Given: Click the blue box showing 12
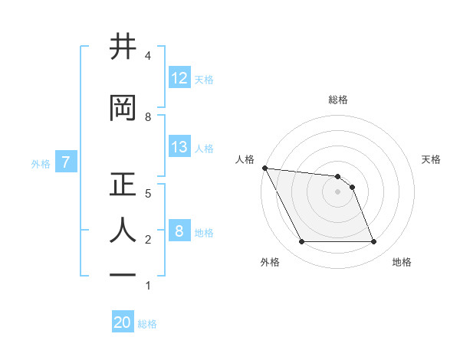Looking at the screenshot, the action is (x=179, y=78).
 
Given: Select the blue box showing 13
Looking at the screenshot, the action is (x=179, y=147).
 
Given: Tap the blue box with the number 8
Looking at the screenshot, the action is (x=179, y=231).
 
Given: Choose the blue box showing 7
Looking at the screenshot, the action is (x=67, y=162).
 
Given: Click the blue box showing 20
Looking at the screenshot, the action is (x=123, y=322).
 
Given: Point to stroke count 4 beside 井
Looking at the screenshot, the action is (x=147, y=56).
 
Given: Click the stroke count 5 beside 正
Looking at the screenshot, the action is (x=147, y=193).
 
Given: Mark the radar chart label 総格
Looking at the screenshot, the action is (x=338, y=100).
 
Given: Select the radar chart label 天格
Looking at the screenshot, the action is (x=432, y=159).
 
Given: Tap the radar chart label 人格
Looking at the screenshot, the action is (x=245, y=159).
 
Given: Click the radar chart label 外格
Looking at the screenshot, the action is (x=269, y=262).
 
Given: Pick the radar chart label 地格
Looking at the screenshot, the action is (x=402, y=262).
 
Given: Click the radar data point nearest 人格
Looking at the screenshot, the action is (x=265, y=168).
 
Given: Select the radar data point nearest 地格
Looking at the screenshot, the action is (x=373, y=242).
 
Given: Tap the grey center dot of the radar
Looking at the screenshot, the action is (x=338, y=191).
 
